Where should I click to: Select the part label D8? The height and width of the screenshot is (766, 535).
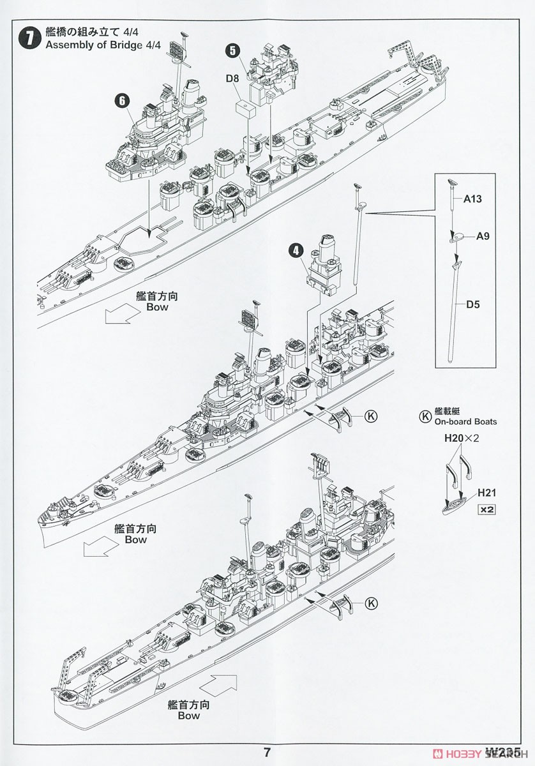point(233,79)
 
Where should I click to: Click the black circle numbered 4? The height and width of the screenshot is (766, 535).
point(296,250)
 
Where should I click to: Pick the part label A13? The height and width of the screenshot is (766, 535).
point(472,199)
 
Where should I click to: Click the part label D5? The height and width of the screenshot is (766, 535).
point(472,304)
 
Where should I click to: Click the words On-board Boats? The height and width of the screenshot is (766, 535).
point(465,421)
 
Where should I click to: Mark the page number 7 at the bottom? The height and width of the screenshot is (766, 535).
point(267,752)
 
